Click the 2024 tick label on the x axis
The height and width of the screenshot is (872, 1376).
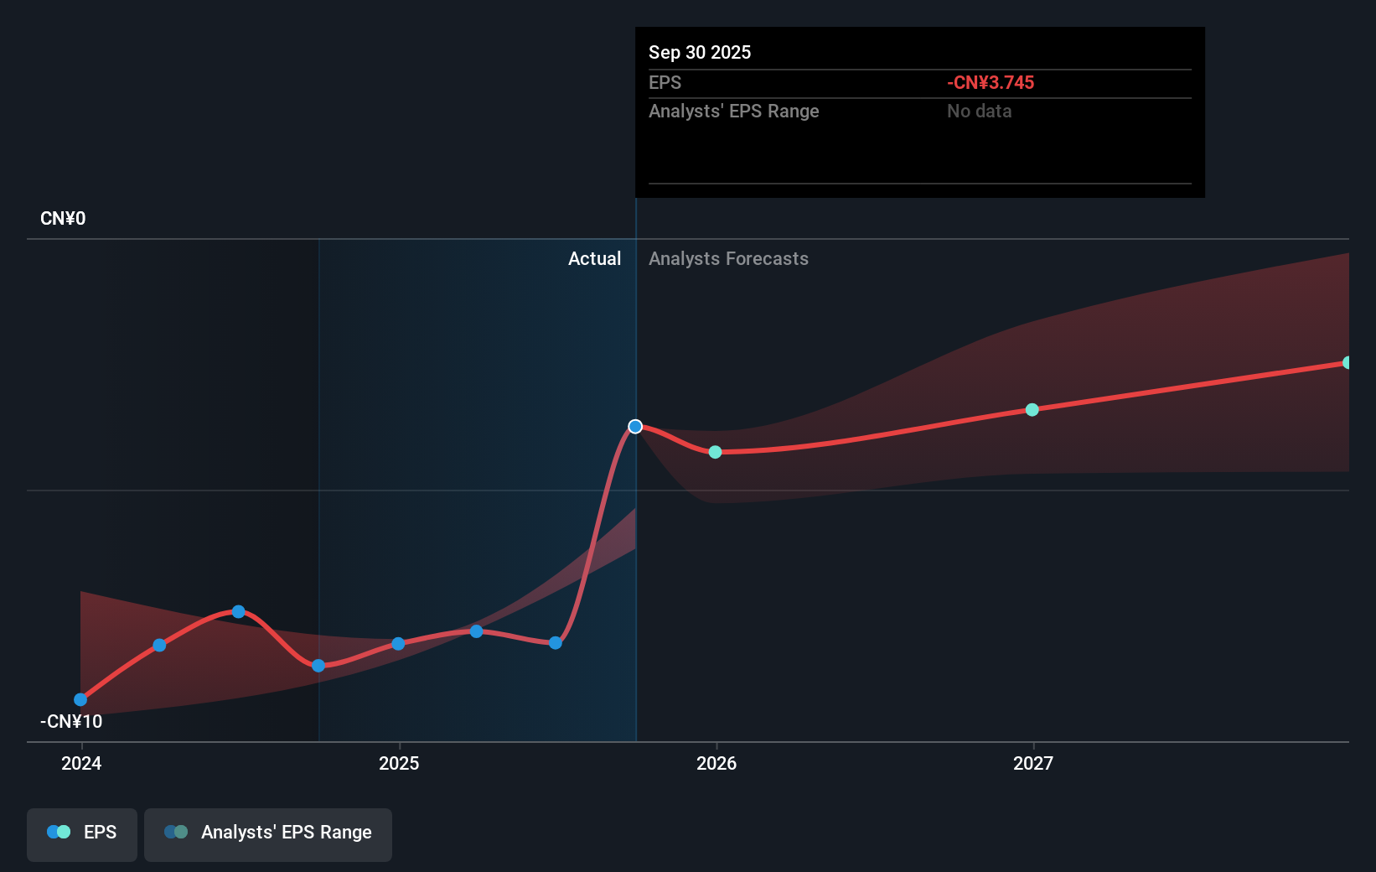[81, 763]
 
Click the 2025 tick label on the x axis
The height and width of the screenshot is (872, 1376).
[399, 763]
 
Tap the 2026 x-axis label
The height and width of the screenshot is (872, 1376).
[716, 763]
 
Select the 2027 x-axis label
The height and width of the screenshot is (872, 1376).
[1033, 763]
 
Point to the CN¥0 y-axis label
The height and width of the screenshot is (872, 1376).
[63, 219]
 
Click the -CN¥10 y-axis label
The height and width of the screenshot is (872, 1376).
[71, 721]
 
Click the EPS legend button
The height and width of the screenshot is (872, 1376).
[82, 833]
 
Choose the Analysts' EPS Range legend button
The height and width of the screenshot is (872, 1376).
[268, 833]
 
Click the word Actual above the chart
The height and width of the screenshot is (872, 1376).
[594, 259]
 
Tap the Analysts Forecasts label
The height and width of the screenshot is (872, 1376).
[728, 259]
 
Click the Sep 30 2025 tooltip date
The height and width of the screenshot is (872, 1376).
[700, 53]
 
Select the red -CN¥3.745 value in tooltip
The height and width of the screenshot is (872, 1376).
[991, 83]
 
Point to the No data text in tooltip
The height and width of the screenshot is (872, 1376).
[979, 112]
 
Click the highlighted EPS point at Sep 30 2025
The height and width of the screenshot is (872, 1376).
[635, 427]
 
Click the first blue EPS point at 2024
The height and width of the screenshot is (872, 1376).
[80, 699]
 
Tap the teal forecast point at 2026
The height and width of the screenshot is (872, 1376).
[715, 452]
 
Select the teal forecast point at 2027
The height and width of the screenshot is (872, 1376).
[1032, 410]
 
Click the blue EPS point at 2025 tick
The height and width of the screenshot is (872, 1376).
[398, 644]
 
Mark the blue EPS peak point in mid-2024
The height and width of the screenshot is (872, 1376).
[238, 612]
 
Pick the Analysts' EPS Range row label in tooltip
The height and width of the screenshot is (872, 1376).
[733, 112]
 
